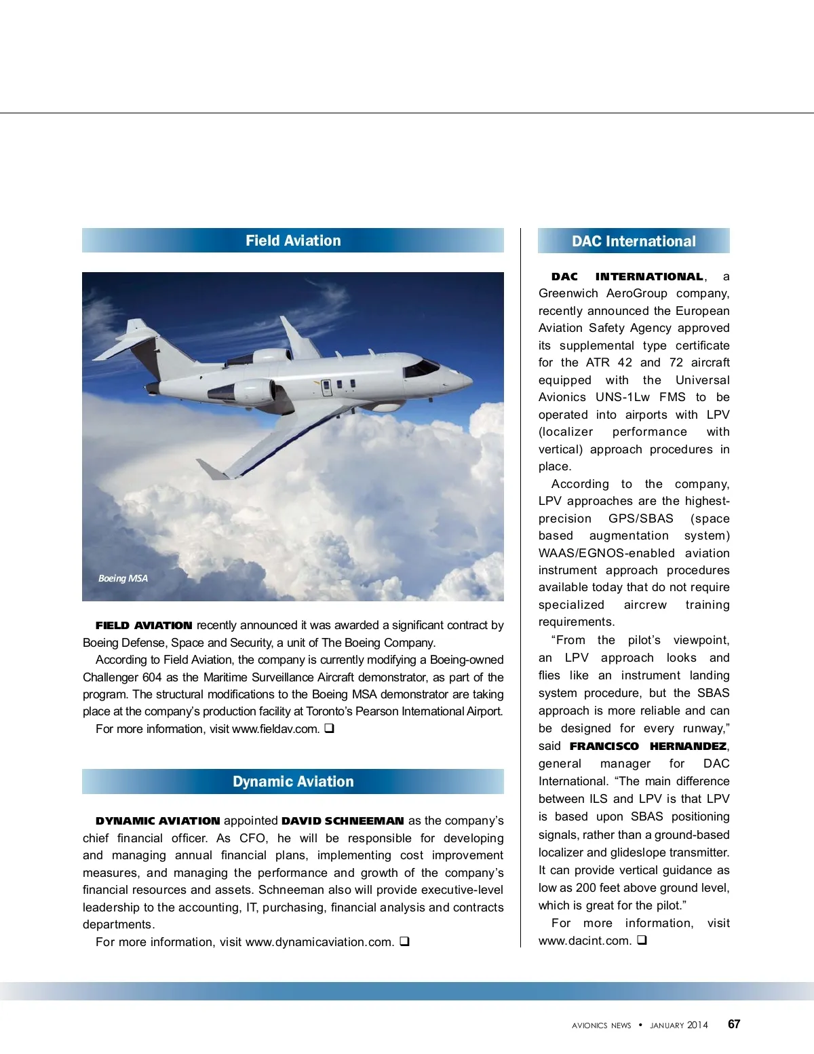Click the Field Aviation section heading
click(293, 241)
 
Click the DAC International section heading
click(634, 242)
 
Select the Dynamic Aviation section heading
click(293, 782)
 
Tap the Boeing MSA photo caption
click(123, 578)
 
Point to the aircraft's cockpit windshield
click(421, 369)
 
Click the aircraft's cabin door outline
click(326, 388)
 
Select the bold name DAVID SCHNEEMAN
click(343, 821)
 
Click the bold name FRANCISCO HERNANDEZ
click(648, 746)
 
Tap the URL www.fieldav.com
click(275, 729)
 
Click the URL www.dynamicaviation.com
click(319, 942)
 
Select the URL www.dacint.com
click(584, 941)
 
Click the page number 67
click(734, 1024)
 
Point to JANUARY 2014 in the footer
click(678, 1025)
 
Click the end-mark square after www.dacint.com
click(642, 940)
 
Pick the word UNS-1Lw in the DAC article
click(622, 397)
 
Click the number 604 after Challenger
click(152, 677)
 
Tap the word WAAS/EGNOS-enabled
click(606, 553)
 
